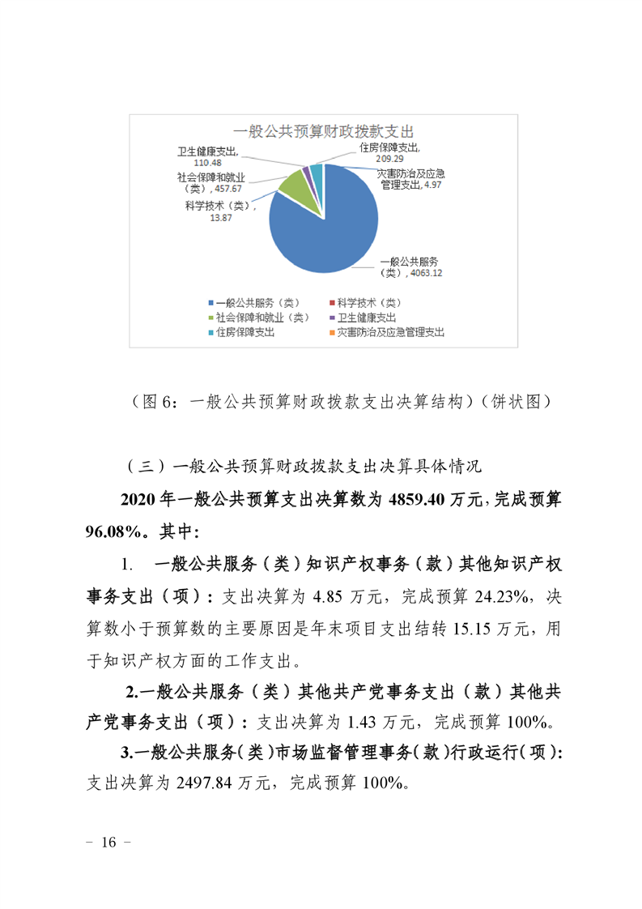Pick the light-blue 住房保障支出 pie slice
(x=317, y=172)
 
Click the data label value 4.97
(x=437, y=186)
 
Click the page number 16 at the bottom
(x=108, y=843)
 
